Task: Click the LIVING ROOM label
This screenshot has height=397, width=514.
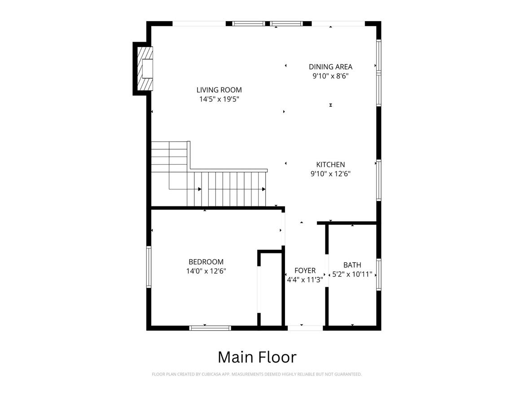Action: tap(219, 90)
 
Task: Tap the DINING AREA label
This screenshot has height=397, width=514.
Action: tap(330, 67)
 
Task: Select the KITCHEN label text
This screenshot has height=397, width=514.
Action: tap(330, 165)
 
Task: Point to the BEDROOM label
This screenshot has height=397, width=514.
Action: tap(206, 262)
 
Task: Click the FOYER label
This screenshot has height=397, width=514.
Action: tap(305, 270)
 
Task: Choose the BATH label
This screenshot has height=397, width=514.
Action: tap(352, 265)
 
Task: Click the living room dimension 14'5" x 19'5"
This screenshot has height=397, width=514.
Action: tap(219, 99)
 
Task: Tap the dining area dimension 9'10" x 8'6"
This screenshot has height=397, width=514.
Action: tap(330, 76)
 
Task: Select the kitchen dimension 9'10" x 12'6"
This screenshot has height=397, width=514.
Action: tap(330, 174)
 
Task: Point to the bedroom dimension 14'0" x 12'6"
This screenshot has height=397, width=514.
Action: tap(206, 271)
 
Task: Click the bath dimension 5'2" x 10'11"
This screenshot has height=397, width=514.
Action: tap(352, 274)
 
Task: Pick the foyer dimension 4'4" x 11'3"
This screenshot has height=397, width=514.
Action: tap(305, 280)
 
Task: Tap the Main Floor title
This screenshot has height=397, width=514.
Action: tap(257, 357)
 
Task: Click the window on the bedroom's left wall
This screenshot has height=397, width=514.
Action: tap(149, 267)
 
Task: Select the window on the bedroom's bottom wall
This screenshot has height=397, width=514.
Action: tap(210, 328)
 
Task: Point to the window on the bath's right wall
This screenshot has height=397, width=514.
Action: tap(378, 275)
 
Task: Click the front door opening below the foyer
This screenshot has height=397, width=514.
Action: tap(305, 328)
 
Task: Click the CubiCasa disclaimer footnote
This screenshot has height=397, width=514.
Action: tap(257, 374)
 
